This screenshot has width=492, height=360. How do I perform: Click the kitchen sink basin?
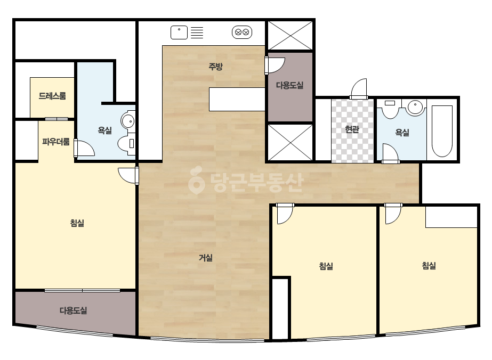[x=179, y=32]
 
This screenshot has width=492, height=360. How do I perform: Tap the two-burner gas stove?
[x=242, y=32]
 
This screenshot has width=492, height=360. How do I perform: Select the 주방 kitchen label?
[x=216, y=66]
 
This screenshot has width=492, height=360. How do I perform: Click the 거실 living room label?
[x=206, y=258]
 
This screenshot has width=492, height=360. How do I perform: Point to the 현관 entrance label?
[x=352, y=129]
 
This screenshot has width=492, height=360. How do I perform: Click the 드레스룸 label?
[x=52, y=96]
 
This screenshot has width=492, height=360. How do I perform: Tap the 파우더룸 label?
[x=56, y=142]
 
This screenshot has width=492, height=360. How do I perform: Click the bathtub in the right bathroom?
[x=442, y=131]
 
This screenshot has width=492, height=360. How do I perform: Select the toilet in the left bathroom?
[x=127, y=144]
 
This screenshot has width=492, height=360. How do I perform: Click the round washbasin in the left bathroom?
[x=128, y=121]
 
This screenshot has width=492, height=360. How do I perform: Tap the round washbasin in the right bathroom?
[x=415, y=107]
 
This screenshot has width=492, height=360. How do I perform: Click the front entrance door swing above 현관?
[x=359, y=88]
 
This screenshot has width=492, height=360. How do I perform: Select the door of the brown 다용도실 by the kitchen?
[x=275, y=66]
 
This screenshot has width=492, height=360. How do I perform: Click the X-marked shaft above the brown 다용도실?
[x=290, y=35]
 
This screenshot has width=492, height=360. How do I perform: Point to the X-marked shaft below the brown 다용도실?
[x=290, y=142]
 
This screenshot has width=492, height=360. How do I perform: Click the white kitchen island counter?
[x=237, y=99]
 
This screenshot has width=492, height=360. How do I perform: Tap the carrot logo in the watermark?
[x=196, y=180]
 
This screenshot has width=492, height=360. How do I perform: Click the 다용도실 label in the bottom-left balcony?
[x=73, y=310]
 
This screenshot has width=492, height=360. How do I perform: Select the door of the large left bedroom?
[x=128, y=176]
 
